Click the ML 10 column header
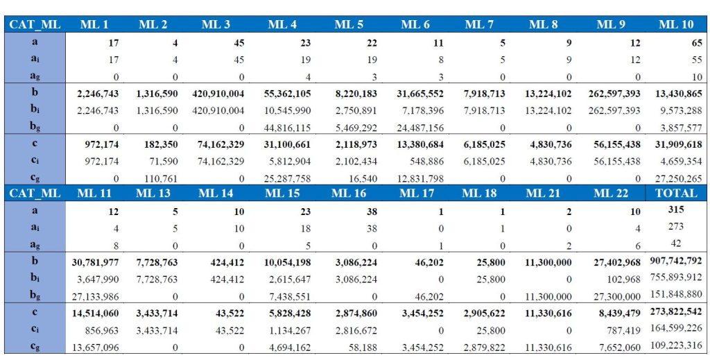point(676,25)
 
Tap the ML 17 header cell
point(416,194)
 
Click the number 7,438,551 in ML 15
point(283,295)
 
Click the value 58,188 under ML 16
point(361,346)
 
